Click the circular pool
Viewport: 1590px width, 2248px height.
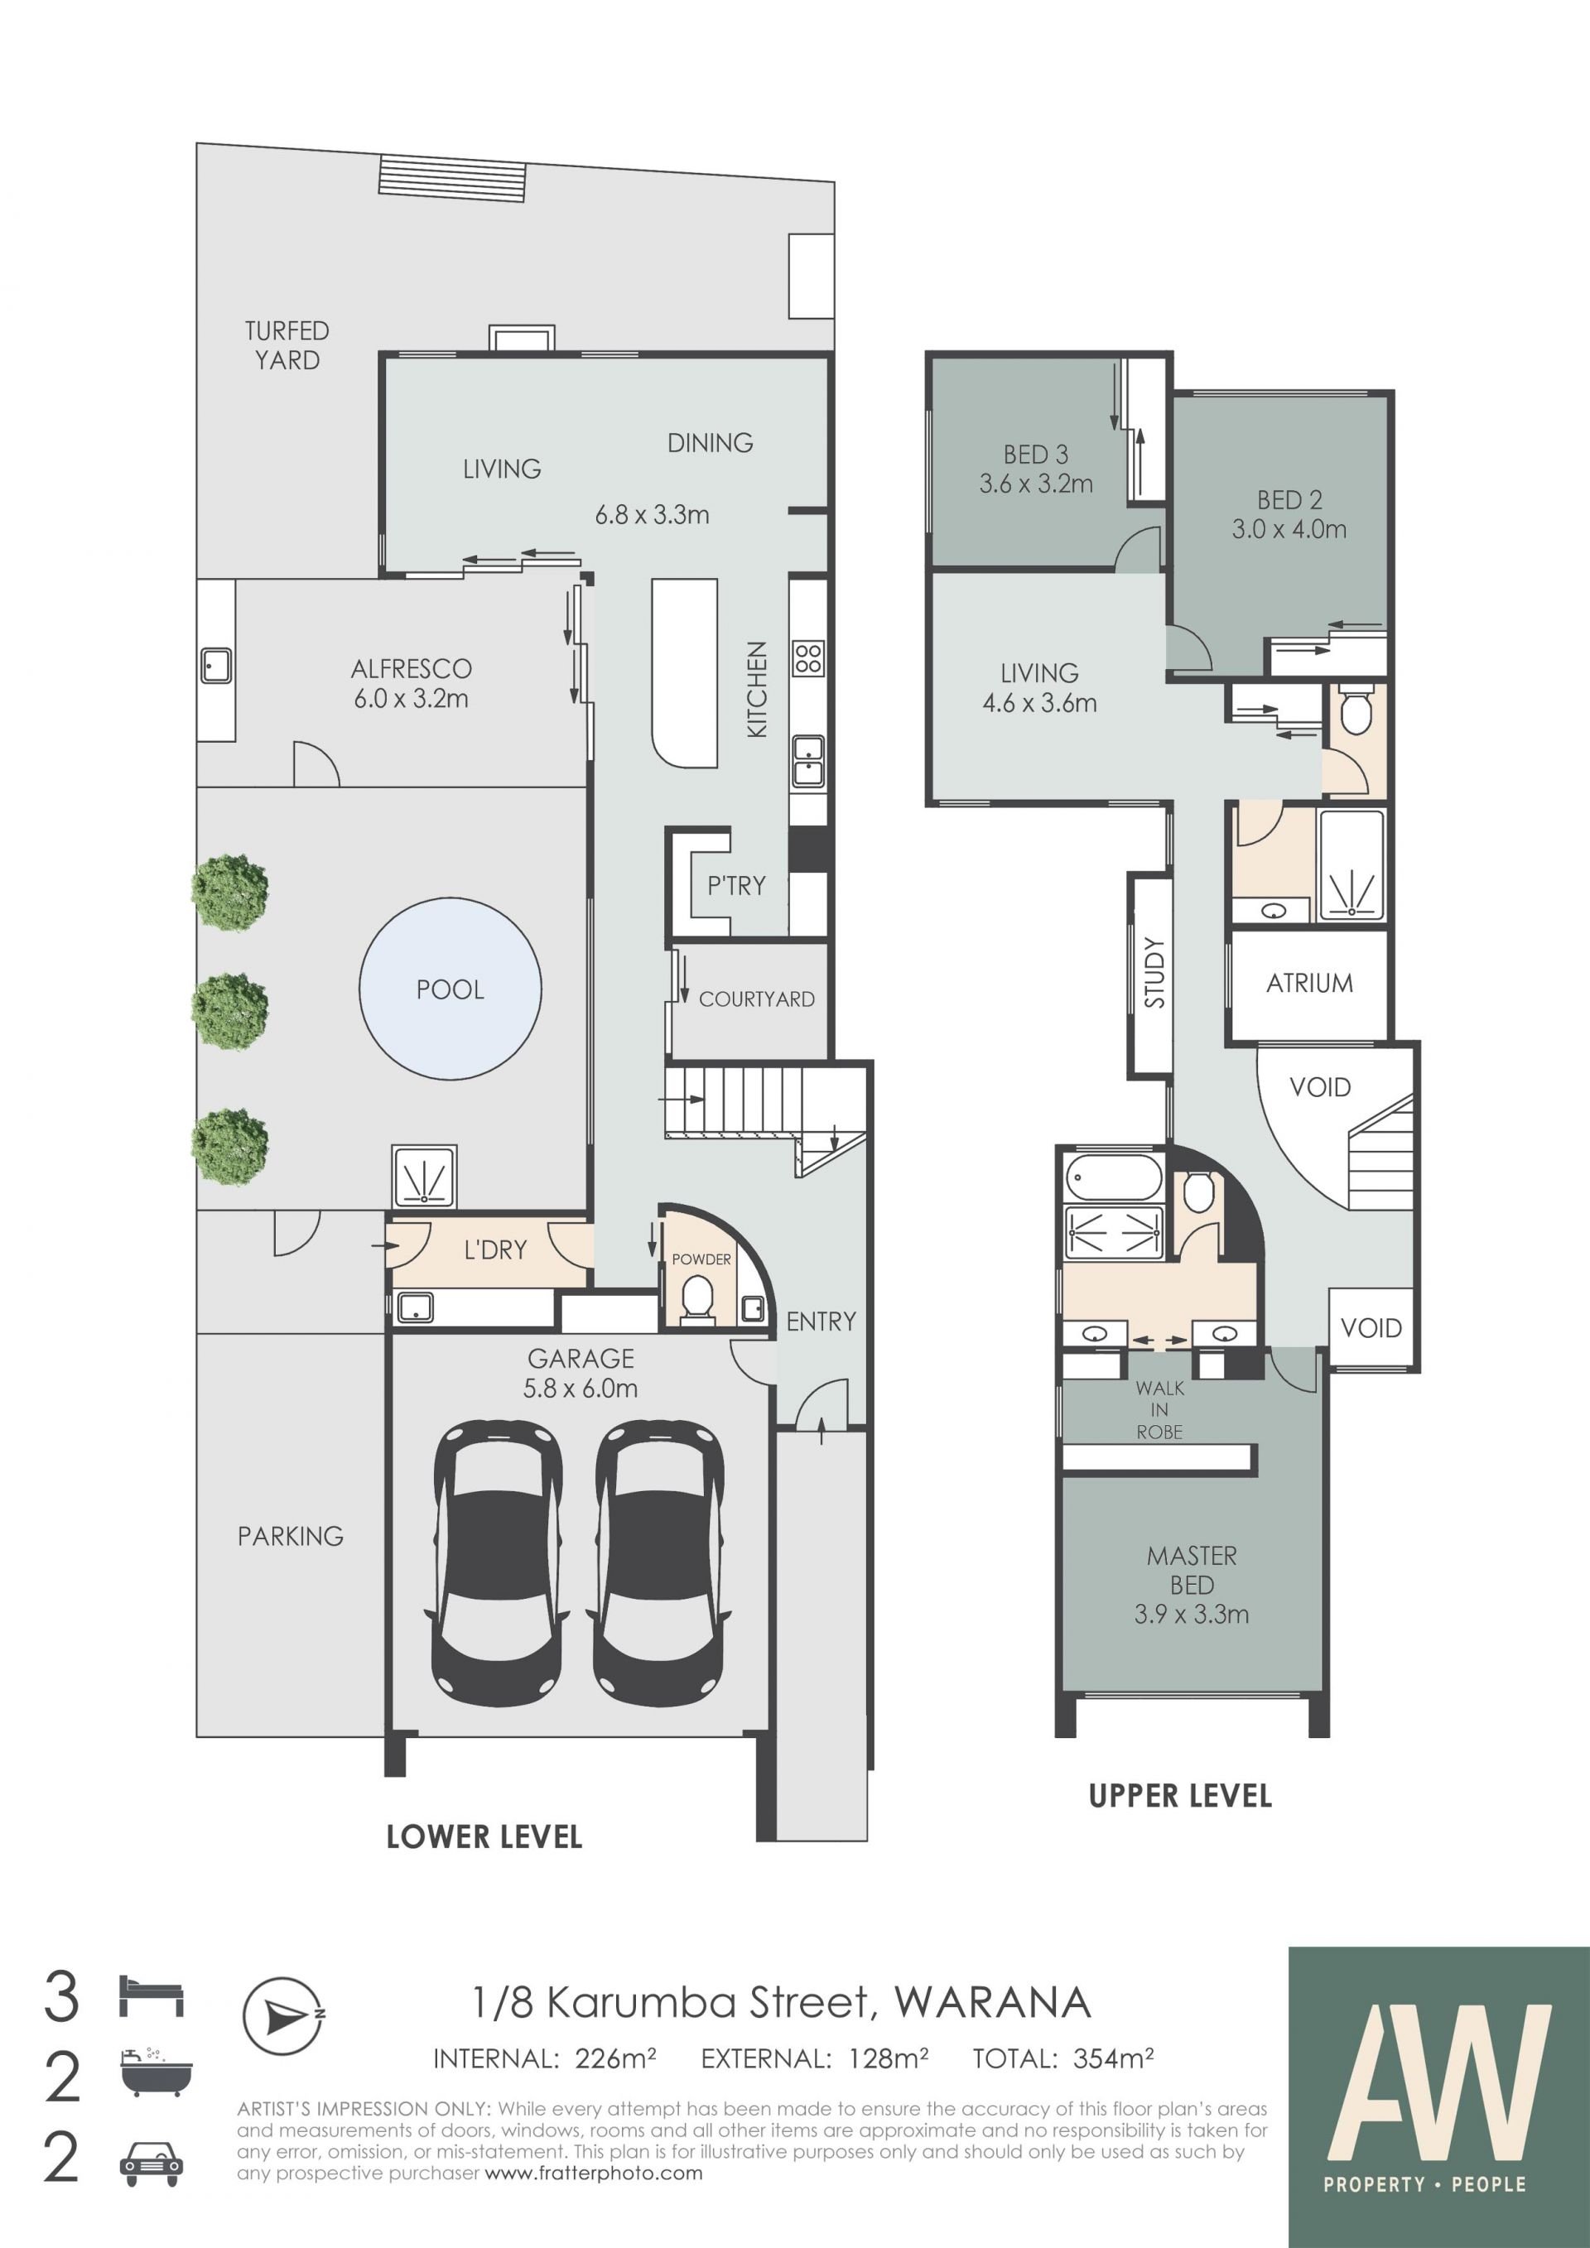click(450, 989)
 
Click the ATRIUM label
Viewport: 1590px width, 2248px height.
click(1309, 983)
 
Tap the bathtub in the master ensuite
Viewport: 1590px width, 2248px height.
click(1113, 1177)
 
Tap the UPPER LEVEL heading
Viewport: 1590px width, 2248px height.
click(1180, 1796)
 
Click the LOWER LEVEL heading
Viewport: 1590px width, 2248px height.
click(484, 1836)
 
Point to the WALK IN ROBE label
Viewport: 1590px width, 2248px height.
click(1160, 1410)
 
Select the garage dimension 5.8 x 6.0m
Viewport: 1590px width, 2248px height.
click(581, 1389)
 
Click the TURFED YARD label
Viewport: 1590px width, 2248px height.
click(287, 345)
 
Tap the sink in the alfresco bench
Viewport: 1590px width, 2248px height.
click(215, 666)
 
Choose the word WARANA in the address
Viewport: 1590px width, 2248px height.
click(993, 2003)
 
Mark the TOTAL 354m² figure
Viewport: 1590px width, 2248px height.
click(1062, 2059)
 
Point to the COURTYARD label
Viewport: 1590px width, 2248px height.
click(757, 999)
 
